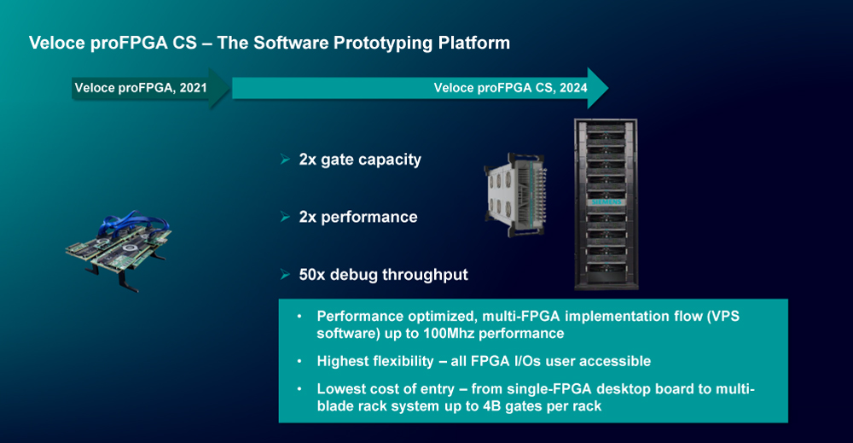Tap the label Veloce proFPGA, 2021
tap(141, 88)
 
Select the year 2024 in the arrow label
tap(573, 88)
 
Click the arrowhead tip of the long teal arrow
tap(607, 88)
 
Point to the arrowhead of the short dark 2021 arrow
tap(220, 88)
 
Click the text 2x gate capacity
tap(360, 160)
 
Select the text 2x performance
tap(358, 217)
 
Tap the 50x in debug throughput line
tap(311, 274)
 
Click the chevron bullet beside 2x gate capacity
tap(285, 159)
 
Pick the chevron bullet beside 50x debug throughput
tap(285, 274)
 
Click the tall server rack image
tap(606, 204)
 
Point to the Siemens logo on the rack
tap(606, 202)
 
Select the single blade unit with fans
tap(515, 195)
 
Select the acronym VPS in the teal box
tap(723, 316)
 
